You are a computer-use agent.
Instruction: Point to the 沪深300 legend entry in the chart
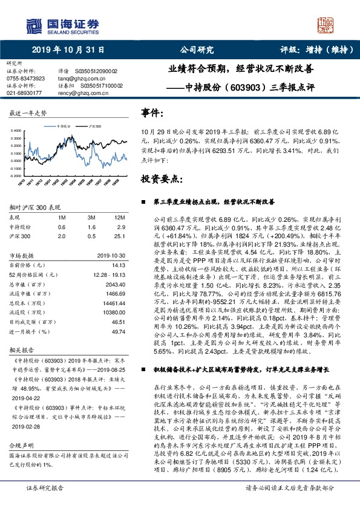(x=94, y=126)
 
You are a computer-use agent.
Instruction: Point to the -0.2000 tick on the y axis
(x=16, y=175)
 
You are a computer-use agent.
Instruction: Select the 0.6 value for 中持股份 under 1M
(x=61, y=226)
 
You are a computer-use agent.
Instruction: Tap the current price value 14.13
(x=119, y=264)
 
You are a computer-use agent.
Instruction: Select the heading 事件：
(x=152, y=113)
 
